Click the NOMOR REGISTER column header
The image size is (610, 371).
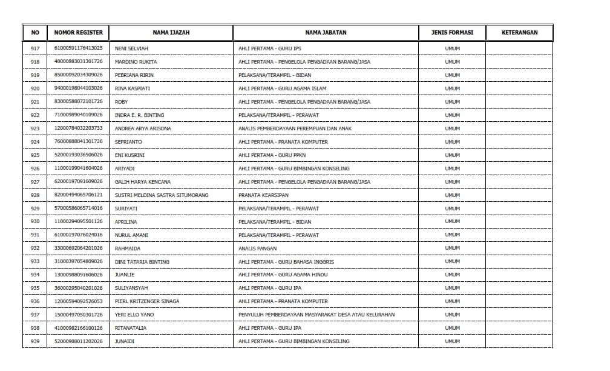coord(78,33)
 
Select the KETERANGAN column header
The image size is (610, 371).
coord(519,33)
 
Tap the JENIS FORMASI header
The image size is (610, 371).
coord(452,33)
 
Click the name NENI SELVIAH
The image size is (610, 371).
coord(131,48)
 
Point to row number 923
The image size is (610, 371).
coord(34,129)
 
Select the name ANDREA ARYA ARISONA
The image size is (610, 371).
coord(143,129)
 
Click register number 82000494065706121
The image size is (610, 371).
coord(78,195)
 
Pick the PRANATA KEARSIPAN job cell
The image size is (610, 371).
coord(263,195)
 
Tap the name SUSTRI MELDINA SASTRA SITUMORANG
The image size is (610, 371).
coord(162,195)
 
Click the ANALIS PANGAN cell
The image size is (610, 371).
coord(257,249)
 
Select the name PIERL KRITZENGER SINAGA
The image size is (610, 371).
coord(146,301)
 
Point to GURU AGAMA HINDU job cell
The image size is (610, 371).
coord(283,275)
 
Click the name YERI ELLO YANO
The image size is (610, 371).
coord(134,315)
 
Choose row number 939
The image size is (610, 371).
coord(34,341)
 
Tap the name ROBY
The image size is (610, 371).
coord(121,102)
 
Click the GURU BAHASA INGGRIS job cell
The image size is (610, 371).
coord(286,262)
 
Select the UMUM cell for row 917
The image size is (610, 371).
coord(452,48)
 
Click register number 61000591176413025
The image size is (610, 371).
coord(78,48)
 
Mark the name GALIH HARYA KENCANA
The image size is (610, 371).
coord(143,182)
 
